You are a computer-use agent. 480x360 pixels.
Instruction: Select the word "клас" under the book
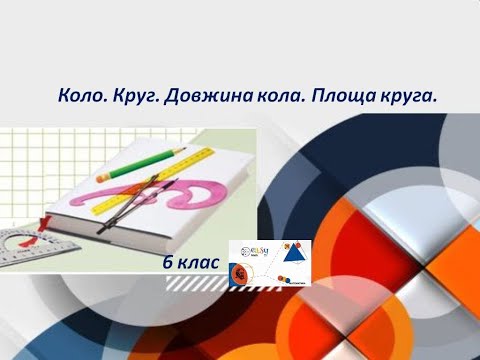[x=198, y=261]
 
